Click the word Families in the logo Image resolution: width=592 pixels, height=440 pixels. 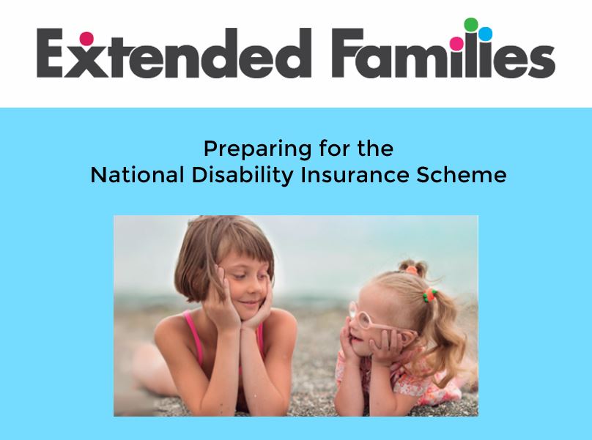tap(443, 48)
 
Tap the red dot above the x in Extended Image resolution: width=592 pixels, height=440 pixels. tap(86, 38)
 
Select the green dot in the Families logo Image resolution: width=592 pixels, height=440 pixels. tap(471, 25)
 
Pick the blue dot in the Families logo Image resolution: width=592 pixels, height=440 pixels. tap(486, 34)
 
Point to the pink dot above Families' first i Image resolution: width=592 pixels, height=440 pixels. tap(457, 43)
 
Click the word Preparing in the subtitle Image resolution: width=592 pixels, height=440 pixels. tap(257, 149)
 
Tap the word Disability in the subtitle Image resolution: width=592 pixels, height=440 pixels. tap(243, 176)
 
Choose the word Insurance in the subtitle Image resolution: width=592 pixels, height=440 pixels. tap(355, 175)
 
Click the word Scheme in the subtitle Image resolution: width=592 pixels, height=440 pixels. tap(462, 175)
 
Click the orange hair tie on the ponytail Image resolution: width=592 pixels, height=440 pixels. tap(429, 294)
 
